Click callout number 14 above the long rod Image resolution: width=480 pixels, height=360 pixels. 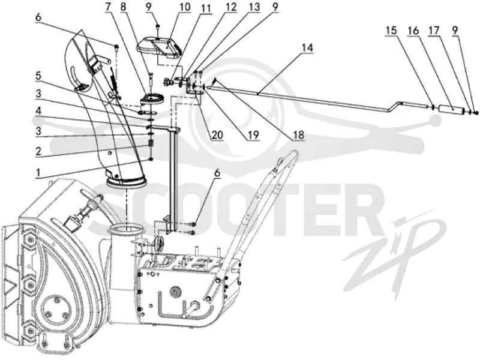pos(307,48)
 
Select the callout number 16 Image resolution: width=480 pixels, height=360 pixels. pos(413,31)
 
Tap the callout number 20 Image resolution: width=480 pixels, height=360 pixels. pos(217,134)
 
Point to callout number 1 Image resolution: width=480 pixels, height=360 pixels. pos(38,173)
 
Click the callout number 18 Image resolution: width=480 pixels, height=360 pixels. pos(299,134)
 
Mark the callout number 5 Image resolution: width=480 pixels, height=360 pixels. pos(38,76)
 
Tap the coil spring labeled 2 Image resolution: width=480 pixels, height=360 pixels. pos(151,143)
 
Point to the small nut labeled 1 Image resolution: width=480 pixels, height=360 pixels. pos(151,160)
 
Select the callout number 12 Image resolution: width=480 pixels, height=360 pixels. pos(230,7)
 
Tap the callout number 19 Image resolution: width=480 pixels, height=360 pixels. pos(253,134)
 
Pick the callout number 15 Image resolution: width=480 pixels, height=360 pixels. pos(391,31)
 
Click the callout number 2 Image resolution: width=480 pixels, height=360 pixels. pos(38,151)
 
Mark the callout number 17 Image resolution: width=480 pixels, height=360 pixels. pos(434,31)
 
